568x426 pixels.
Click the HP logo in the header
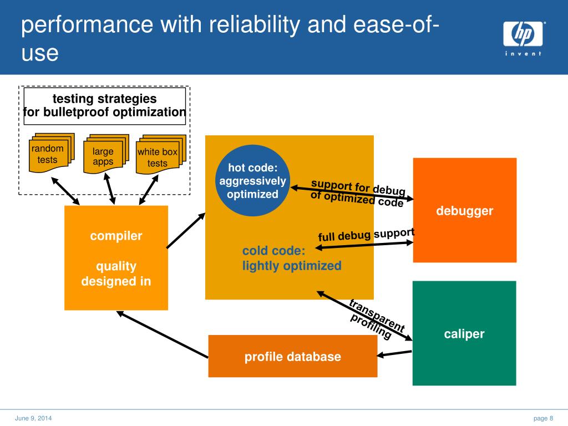(x=523, y=37)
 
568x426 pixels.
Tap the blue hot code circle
(x=252, y=181)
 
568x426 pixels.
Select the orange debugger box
(x=465, y=210)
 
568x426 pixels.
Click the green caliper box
(x=464, y=333)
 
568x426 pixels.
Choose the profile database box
(x=293, y=356)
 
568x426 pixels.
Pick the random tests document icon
(x=52, y=153)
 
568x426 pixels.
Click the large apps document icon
(x=106, y=154)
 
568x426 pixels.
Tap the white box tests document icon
(x=161, y=154)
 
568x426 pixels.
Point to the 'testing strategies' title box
(x=105, y=106)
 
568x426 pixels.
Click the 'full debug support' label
(x=366, y=235)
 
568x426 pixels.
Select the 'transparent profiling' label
(x=377, y=319)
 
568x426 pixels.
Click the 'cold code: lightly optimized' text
(x=292, y=258)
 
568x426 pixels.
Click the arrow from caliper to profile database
(x=394, y=353)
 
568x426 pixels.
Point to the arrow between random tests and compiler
(x=65, y=191)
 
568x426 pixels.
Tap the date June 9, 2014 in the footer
(x=33, y=418)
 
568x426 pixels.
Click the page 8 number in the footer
(x=544, y=418)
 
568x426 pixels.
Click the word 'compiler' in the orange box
(x=116, y=236)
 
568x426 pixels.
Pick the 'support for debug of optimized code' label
(x=358, y=192)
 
